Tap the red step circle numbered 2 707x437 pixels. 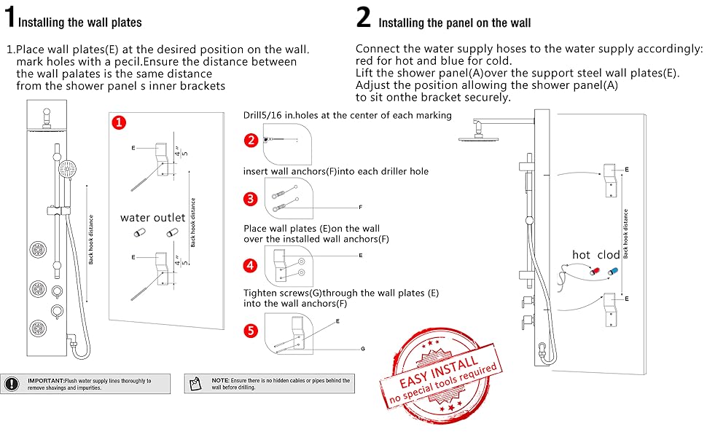(x=251, y=140)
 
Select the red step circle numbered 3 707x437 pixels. (x=251, y=199)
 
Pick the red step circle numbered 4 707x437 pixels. (x=251, y=265)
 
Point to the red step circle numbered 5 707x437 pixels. (x=251, y=331)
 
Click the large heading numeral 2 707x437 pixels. (x=364, y=17)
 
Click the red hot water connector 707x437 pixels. (x=595, y=270)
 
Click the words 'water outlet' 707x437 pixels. (x=154, y=217)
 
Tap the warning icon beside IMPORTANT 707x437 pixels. (x=12, y=384)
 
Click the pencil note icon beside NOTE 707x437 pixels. (x=194, y=384)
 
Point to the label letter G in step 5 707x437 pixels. (x=362, y=350)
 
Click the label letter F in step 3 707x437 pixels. (x=360, y=208)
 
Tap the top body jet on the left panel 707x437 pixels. (x=36, y=245)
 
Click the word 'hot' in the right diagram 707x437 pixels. (x=581, y=255)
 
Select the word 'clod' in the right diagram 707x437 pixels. (x=609, y=255)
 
